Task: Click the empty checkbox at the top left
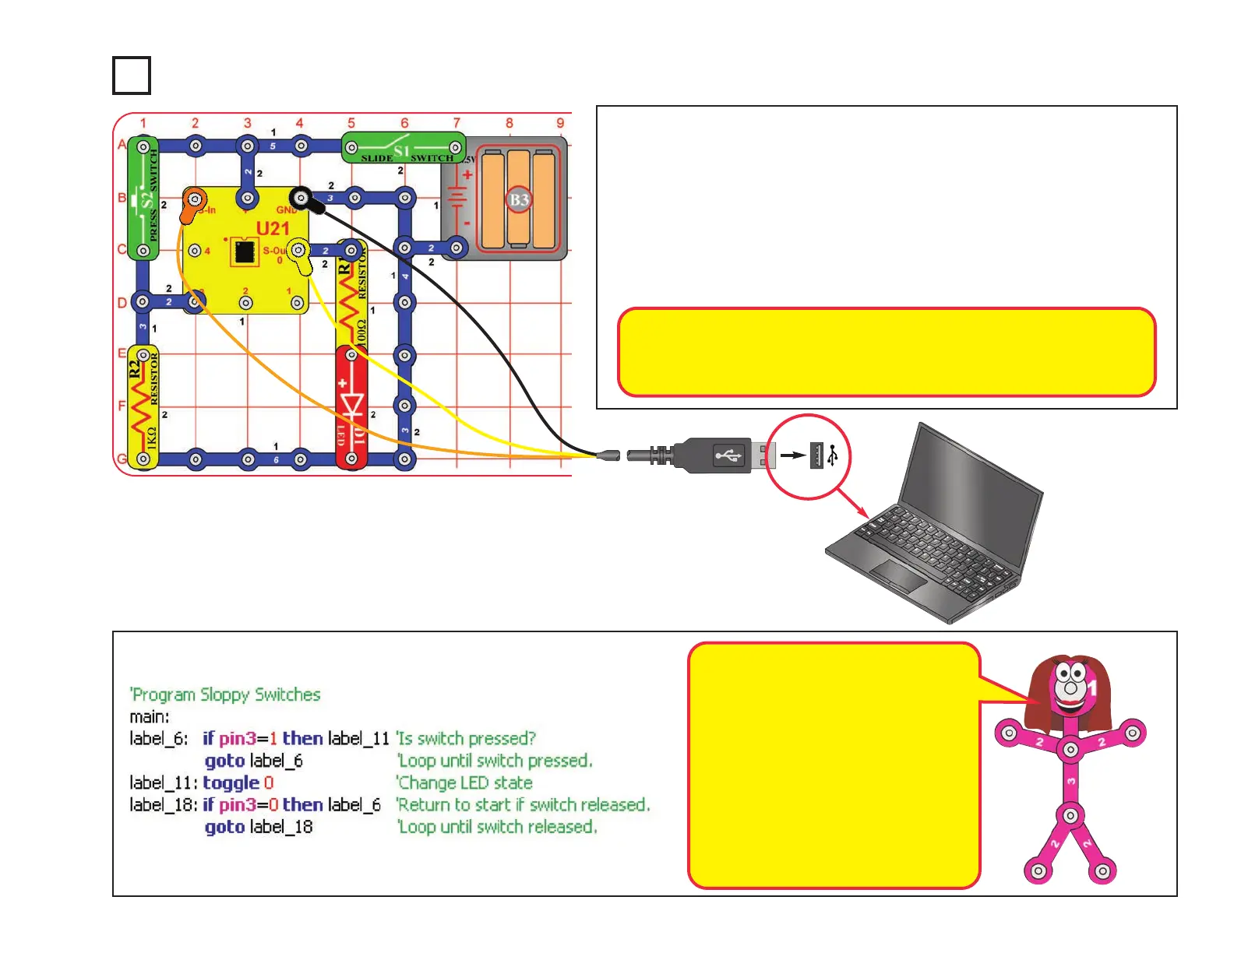pyautogui.click(x=131, y=76)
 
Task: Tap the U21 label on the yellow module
pyautogui.click(x=273, y=228)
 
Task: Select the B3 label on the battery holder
pyautogui.click(x=519, y=200)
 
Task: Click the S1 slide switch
pyautogui.click(x=403, y=147)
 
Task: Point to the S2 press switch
pyautogui.click(x=143, y=199)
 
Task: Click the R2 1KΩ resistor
pyautogui.click(x=143, y=406)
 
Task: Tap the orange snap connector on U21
pyautogui.click(x=192, y=205)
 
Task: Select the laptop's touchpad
pyautogui.click(x=897, y=575)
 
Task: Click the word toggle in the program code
pyautogui.click(x=231, y=782)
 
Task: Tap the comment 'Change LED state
pyautogui.click(x=465, y=782)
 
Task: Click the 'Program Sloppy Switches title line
pyautogui.click(x=225, y=695)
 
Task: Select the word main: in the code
pyautogui.click(x=150, y=716)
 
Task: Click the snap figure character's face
pyautogui.click(x=1070, y=686)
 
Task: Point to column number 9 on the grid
pyautogui.click(x=560, y=123)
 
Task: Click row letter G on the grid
pyautogui.click(x=122, y=459)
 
